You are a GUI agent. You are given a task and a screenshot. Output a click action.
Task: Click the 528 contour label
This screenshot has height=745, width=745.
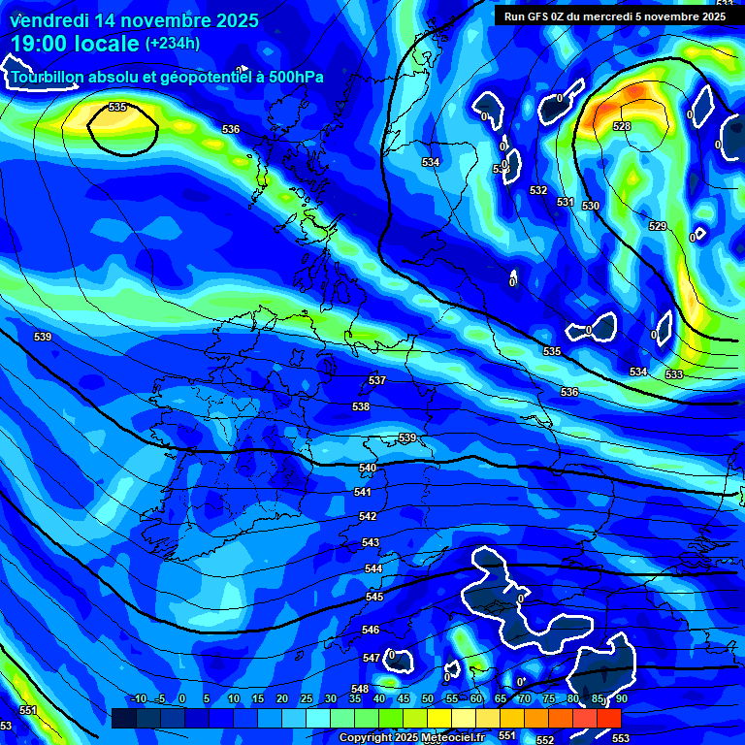[x=622, y=127]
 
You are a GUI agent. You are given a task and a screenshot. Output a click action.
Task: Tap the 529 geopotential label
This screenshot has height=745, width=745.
[x=658, y=226]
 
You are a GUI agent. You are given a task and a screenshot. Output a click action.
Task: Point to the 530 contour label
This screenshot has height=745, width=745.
[x=591, y=206]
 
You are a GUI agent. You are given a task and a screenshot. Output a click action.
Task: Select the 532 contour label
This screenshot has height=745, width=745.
[x=538, y=190]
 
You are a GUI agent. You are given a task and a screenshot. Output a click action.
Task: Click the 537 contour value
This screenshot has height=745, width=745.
[x=377, y=380]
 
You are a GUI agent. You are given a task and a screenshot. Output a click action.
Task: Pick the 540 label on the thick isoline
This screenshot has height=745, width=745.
[x=368, y=469]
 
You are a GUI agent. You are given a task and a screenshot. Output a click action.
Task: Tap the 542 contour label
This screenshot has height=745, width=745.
[x=368, y=517]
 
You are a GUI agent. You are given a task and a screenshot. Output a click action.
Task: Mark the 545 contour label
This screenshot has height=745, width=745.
[x=374, y=597]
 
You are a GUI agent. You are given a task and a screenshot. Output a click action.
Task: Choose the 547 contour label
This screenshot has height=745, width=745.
[x=372, y=658]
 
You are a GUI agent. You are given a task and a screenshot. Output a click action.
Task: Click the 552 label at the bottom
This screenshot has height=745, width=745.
[x=545, y=740]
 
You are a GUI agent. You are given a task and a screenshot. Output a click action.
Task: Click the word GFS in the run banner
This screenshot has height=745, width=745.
[x=537, y=16]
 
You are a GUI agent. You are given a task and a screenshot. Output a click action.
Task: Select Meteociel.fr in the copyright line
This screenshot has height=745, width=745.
[x=453, y=738]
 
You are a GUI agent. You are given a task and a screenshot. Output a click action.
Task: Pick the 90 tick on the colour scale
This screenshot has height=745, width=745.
[x=620, y=698]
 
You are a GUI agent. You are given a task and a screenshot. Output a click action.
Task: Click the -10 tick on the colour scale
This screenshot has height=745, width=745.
[x=139, y=698]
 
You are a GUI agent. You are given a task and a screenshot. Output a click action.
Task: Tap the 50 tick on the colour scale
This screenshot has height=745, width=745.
[x=428, y=698]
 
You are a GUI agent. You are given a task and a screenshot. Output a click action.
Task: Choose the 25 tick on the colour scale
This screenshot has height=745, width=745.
[x=307, y=698]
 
